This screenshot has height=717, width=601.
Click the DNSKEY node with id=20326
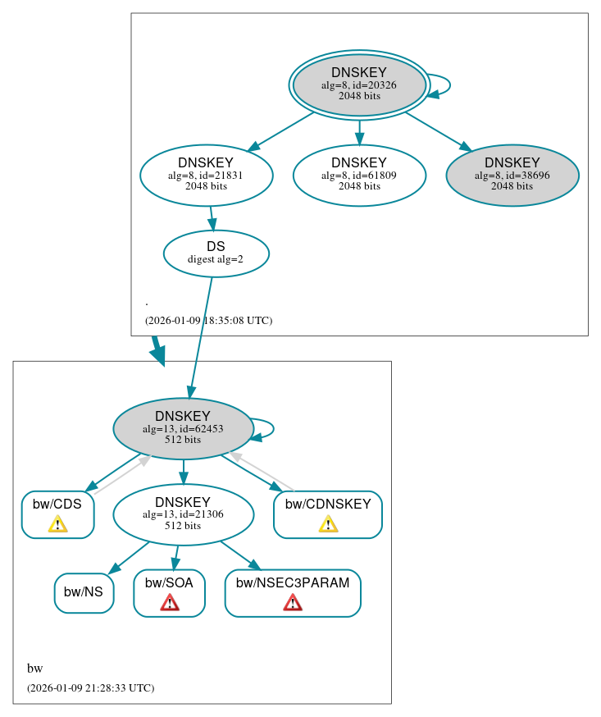coord(359,84)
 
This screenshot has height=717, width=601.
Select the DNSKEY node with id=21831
coord(206,175)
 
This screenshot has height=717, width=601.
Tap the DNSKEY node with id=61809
coord(359,175)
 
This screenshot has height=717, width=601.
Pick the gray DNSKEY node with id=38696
coord(512,175)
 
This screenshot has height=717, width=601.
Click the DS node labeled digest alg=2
coord(216,253)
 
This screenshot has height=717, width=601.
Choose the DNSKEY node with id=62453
coord(183,428)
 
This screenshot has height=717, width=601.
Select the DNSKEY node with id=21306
coord(183,514)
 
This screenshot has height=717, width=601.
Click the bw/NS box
coord(84,592)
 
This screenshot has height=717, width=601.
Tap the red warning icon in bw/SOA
coord(169,604)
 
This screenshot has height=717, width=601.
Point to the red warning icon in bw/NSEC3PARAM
coord(293,604)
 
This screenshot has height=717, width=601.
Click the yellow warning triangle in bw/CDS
coord(57,524)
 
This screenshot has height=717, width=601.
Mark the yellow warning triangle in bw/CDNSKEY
coord(328,524)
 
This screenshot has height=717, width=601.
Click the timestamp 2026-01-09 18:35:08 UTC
coord(208,321)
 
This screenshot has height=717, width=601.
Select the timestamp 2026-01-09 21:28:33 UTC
coord(90,688)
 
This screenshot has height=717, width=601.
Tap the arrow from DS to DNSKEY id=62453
coord(201,336)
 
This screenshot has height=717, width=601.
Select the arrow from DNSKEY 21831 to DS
coord(212,218)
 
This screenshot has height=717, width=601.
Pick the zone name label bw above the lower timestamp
coord(34,669)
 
